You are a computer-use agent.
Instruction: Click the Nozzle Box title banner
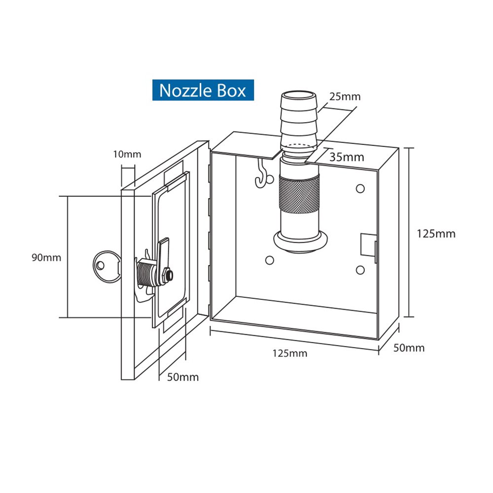pos(203,91)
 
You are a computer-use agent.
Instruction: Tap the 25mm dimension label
pos(345,97)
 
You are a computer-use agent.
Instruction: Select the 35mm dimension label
pos(348,157)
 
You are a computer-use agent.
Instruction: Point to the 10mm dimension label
pos(127,154)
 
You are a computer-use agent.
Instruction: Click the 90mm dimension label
pos(46,257)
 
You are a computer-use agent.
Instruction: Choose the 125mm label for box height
pos(436,234)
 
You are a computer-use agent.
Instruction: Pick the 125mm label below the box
pos(289,353)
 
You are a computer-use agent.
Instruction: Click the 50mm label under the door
pos(183,377)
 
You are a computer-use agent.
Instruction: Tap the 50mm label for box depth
pos(409,348)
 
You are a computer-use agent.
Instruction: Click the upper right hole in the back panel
pos(360,188)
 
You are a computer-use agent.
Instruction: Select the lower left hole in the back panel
pos(269,260)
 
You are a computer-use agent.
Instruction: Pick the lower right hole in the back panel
pos(360,269)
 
